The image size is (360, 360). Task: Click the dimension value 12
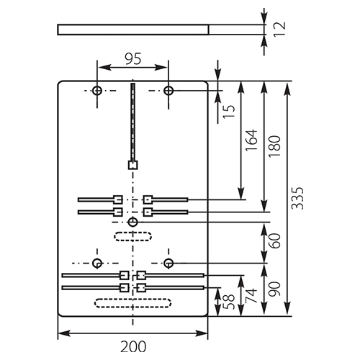[x=280, y=30]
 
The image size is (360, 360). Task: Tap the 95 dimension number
[x=133, y=59]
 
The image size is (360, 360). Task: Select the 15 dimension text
[x=229, y=112]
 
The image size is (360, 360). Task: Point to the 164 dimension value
[x=251, y=140]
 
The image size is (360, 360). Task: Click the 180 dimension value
[x=274, y=146]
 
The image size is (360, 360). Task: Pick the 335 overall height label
[x=297, y=198]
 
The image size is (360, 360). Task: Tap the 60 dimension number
[x=274, y=240]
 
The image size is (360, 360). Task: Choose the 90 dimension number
[x=274, y=289]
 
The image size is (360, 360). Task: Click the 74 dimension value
[x=251, y=296]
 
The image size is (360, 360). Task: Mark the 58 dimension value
[x=228, y=302]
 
